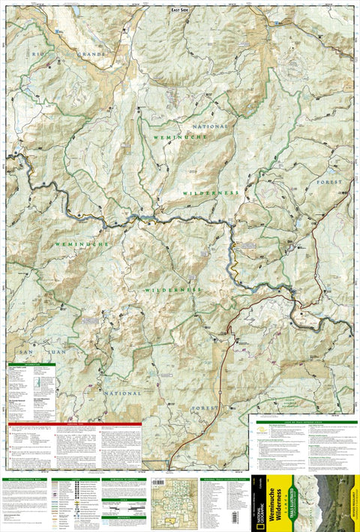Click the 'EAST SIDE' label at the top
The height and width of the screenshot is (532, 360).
180,10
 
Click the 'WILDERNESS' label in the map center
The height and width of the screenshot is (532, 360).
173,289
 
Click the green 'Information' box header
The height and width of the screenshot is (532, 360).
32,365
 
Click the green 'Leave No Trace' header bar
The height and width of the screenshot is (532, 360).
303,422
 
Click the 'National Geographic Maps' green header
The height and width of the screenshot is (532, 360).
24,478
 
